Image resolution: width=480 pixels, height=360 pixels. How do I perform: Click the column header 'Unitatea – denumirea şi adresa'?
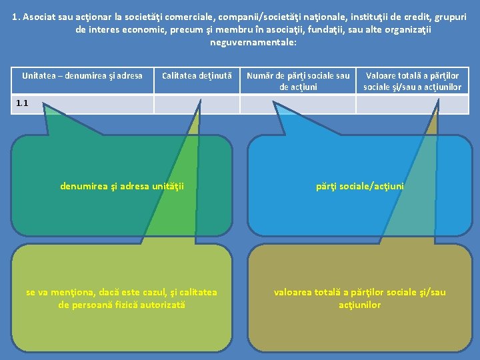tap(82, 76)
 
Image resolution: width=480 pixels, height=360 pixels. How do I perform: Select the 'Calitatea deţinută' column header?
tap(197, 76)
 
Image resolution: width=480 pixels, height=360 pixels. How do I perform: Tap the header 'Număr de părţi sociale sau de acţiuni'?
tap(298, 81)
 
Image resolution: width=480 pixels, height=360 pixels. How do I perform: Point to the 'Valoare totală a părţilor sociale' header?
tap(412, 81)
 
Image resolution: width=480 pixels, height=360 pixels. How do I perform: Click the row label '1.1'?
tap(22, 103)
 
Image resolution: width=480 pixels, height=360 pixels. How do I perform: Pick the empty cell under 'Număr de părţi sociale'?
tap(298, 105)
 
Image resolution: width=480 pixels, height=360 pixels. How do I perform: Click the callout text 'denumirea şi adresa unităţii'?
tap(122, 187)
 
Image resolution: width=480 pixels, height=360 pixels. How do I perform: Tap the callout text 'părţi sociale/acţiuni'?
tap(359, 187)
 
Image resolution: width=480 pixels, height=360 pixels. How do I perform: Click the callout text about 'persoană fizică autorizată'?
tap(121, 299)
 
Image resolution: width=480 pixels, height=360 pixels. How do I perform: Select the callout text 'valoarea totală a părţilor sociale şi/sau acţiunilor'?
tap(359, 299)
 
